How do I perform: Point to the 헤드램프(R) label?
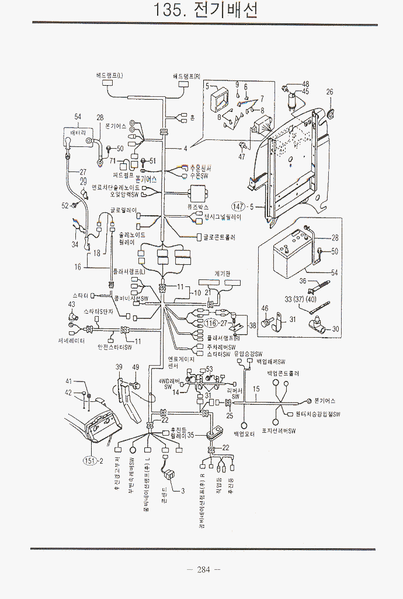click(x=186, y=76)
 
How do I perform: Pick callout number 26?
click(x=329, y=92)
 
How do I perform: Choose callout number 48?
click(x=305, y=84)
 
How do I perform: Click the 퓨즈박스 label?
click(x=198, y=207)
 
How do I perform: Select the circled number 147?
click(x=238, y=206)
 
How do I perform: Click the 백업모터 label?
click(x=245, y=434)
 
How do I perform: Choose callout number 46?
click(x=265, y=308)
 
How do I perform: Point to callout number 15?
click(x=256, y=388)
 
